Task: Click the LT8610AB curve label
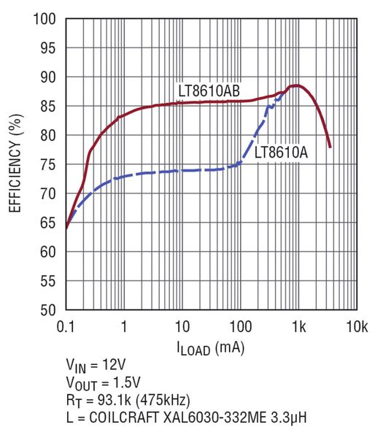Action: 209,91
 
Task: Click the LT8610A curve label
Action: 280,153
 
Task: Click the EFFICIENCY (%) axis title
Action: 15,164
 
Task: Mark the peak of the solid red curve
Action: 297,85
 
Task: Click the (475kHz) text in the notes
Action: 165,400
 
